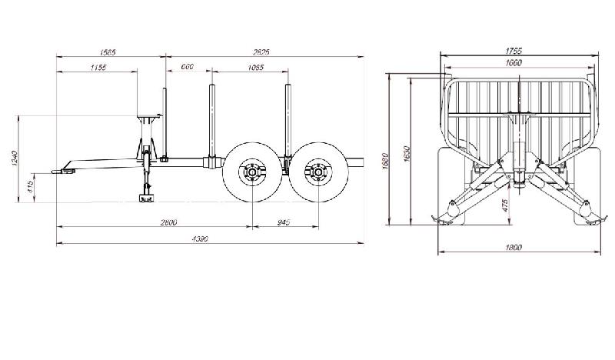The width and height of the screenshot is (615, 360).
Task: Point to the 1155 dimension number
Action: tap(97, 68)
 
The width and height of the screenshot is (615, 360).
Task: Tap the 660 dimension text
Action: tap(187, 68)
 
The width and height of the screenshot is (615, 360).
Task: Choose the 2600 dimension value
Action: tap(169, 222)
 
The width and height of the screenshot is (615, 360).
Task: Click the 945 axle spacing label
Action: tap(283, 222)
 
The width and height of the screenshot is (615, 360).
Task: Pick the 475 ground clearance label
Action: tap(506, 205)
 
